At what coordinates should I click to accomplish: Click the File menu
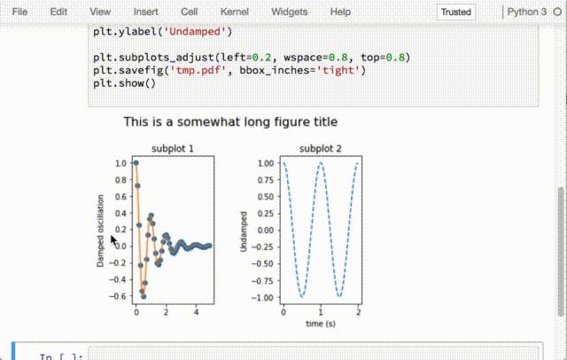(20, 12)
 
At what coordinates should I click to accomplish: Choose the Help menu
(340, 12)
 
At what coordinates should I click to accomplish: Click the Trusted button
(456, 12)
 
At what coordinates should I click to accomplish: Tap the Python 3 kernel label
(527, 12)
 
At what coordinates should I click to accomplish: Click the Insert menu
(146, 12)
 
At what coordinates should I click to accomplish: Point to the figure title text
(230, 121)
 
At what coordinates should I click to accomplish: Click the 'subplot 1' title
(173, 148)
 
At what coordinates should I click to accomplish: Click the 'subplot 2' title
(320, 148)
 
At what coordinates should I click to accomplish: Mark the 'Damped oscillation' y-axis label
(101, 231)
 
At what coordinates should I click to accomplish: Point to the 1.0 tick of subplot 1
(120, 163)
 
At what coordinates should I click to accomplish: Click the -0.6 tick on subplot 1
(118, 296)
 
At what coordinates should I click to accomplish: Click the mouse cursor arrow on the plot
(114, 239)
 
